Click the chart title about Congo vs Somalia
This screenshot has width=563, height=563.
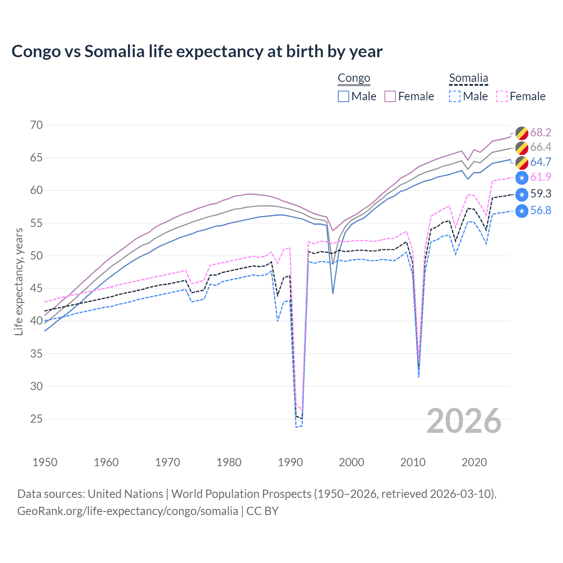pyautogui.click(x=197, y=51)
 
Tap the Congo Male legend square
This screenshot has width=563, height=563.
pyautogui.click(x=344, y=96)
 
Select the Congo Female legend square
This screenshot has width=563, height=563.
pyautogui.click(x=390, y=96)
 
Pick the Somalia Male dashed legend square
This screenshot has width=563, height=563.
pyautogui.click(x=455, y=96)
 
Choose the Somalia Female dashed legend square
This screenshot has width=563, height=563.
pyautogui.click(x=501, y=96)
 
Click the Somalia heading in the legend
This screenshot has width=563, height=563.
pyautogui.click(x=468, y=78)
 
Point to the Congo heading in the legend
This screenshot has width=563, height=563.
pyautogui.click(x=354, y=78)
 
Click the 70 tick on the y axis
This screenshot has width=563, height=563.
pyautogui.click(x=37, y=125)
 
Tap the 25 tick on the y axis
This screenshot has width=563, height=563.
pyautogui.click(x=37, y=419)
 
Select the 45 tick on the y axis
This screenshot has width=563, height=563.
pyautogui.click(x=37, y=289)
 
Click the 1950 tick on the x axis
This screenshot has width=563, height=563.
pyautogui.click(x=45, y=462)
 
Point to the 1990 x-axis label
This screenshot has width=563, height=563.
pyautogui.click(x=290, y=462)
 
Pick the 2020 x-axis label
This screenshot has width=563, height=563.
pyautogui.click(x=474, y=462)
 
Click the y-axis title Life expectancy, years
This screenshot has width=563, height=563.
pyautogui.click(x=18, y=281)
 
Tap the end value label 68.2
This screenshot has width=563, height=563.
pyautogui.click(x=541, y=132)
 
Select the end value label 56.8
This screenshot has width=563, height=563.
pyautogui.click(x=541, y=211)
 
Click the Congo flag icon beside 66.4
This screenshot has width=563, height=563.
pyautogui.click(x=522, y=147)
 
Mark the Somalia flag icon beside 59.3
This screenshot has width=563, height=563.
pyautogui.click(x=522, y=194)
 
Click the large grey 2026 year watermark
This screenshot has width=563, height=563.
pyautogui.click(x=464, y=421)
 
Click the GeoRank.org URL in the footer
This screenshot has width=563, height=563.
pyautogui.click(x=128, y=511)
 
